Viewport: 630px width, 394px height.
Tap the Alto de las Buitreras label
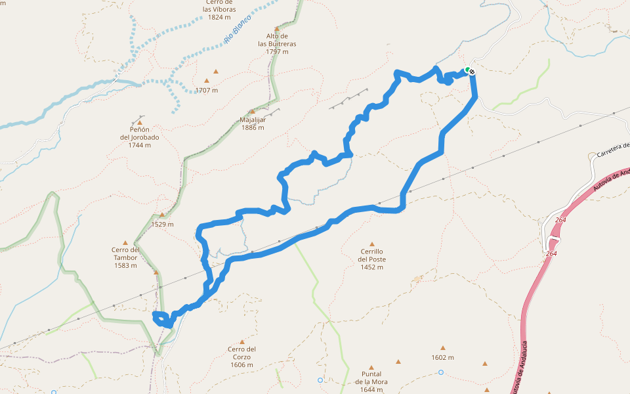[277, 43]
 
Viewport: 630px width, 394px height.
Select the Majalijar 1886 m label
[252, 123]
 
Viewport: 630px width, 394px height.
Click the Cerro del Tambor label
[125, 257]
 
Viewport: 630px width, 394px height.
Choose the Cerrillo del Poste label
[371, 259]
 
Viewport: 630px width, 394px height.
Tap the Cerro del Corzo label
[241, 357]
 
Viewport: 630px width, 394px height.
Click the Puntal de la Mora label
[371, 382]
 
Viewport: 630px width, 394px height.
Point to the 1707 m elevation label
[206, 90]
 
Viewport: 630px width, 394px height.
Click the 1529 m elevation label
[162, 224]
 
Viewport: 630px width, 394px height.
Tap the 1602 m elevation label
[443, 357]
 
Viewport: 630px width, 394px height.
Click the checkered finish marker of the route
[471, 71]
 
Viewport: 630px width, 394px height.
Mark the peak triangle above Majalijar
[252, 112]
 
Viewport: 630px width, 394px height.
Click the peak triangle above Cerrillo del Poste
[372, 244]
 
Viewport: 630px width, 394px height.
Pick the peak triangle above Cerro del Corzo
[241, 341]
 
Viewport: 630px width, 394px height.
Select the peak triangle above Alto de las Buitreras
[277, 29]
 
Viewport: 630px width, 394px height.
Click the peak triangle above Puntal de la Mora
[371, 368]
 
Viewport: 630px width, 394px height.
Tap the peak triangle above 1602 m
[443, 348]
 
